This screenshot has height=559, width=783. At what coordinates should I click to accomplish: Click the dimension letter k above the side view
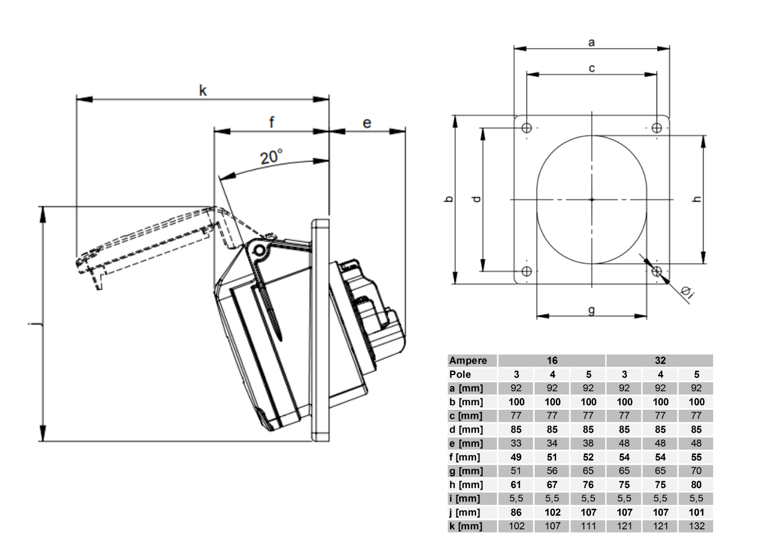coord(202,91)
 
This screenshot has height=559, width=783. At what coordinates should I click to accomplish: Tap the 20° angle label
coord(271,157)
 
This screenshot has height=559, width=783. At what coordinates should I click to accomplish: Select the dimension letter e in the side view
coord(367,123)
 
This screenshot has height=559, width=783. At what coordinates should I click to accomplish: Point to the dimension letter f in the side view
coord(272,122)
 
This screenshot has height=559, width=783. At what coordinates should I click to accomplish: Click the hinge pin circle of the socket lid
coord(259,250)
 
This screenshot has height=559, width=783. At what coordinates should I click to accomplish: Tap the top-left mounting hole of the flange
coord(527,128)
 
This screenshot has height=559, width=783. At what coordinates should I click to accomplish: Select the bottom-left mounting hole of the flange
coord(527,271)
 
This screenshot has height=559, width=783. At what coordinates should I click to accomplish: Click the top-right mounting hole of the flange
coord(657,128)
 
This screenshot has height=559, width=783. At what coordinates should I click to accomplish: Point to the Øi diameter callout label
coord(687,293)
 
